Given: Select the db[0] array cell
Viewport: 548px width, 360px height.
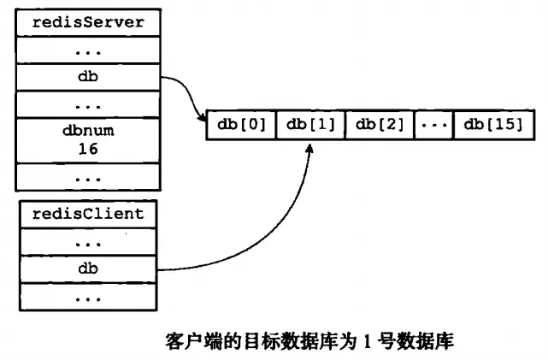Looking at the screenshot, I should (241, 125).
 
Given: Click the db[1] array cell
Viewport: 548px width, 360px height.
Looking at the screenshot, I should (310, 125).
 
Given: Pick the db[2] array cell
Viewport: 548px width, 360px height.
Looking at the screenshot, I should (380, 125).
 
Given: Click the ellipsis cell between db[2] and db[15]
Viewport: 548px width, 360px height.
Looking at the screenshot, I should (434, 125).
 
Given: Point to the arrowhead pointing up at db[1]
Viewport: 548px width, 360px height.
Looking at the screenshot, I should (310, 148).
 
